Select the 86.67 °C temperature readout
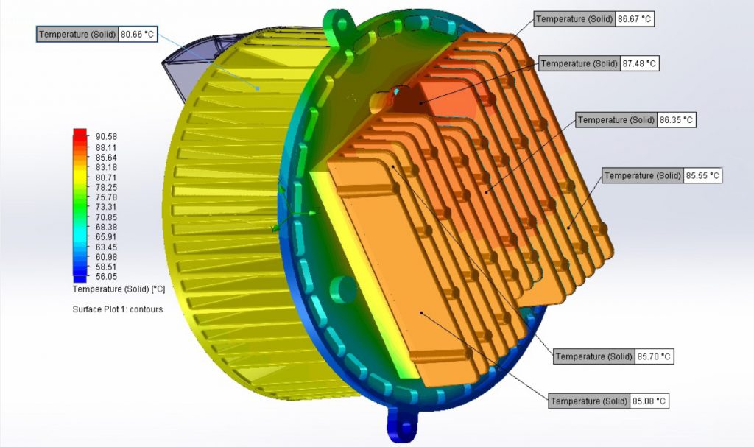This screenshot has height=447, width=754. pyautogui.click(x=635, y=18)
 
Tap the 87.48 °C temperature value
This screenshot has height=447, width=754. pyautogui.click(x=639, y=64)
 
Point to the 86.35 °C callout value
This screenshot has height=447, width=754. pyautogui.click(x=676, y=119)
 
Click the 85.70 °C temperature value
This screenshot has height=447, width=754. pyautogui.click(x=654, y=356)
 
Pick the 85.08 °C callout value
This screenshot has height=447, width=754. pyautogui.click(x=649, y=401)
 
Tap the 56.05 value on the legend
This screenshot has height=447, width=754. pyautogui.click(x=107, y=278)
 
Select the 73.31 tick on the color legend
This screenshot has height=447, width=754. pyautogui.click(x=107, y=208)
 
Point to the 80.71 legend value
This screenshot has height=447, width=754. pyautogui.click(x=107, y=177)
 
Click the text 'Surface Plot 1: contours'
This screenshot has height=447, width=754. pyautogui.click(x=118, y=309)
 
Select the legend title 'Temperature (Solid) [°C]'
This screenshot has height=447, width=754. pyautogui.click(x=119, y=289)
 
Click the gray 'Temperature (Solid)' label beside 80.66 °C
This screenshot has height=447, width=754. pyautogui.click(x=77, y=34)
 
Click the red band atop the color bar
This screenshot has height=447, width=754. pyautogui.click(x=80, y=135)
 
